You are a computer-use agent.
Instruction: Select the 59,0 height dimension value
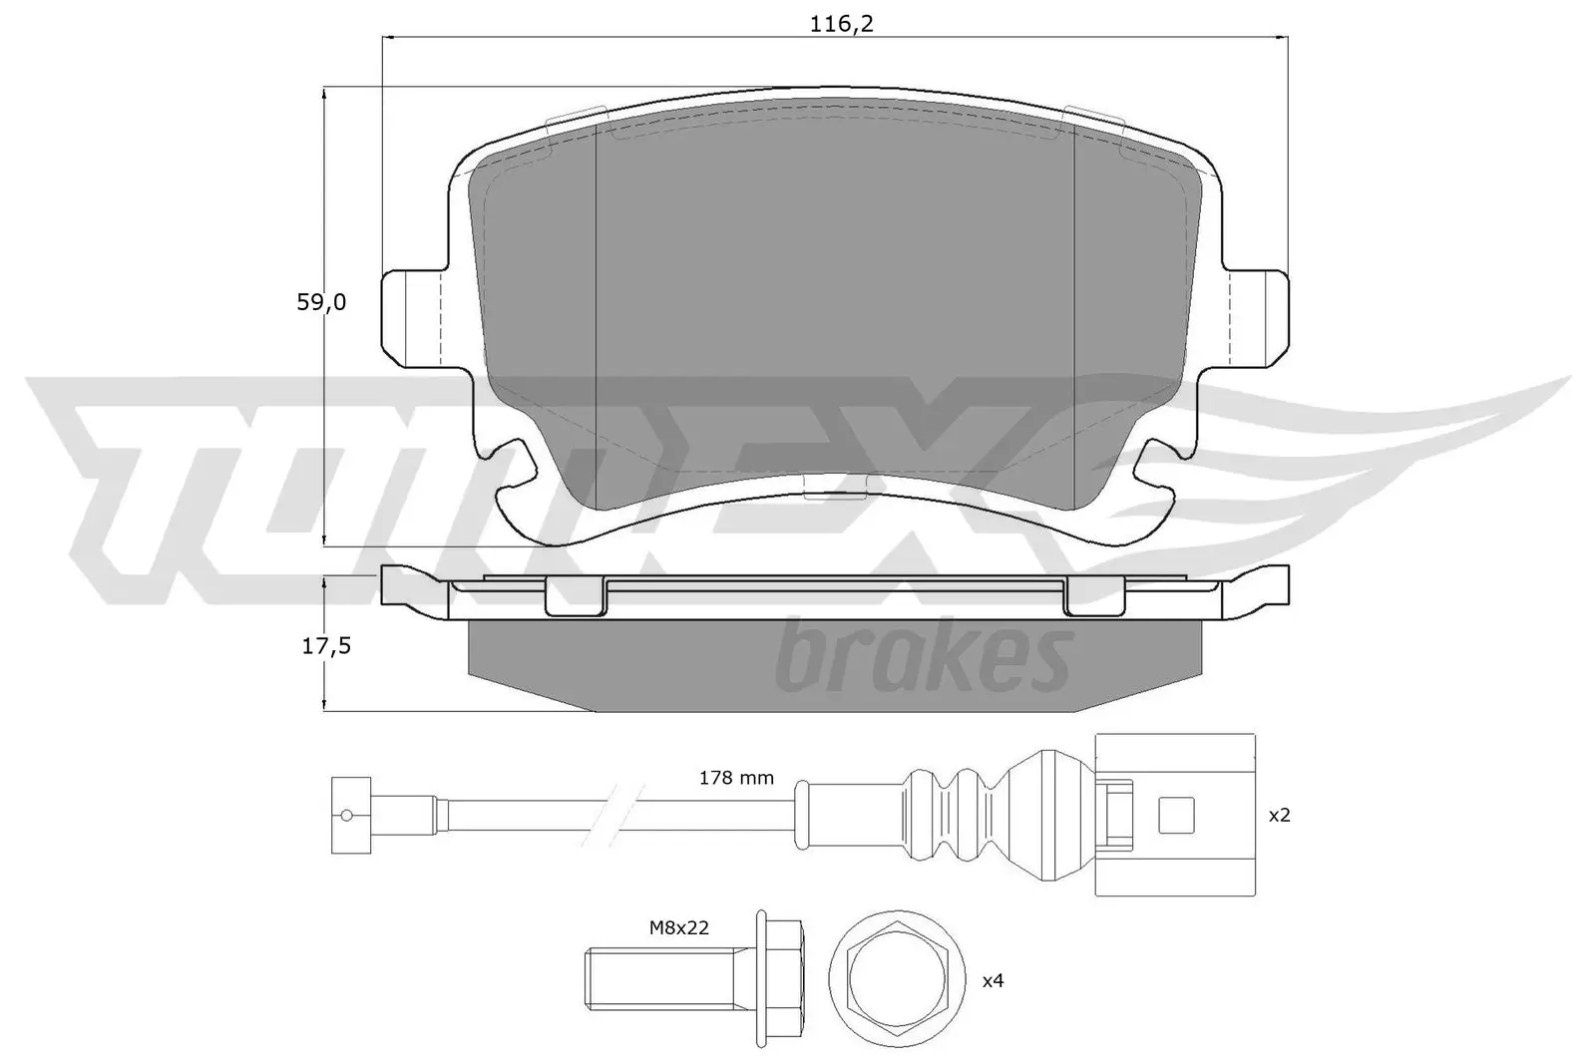click(321, 302)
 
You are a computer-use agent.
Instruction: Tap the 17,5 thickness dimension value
click(326, 646)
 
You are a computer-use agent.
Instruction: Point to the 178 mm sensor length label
click(736, 778)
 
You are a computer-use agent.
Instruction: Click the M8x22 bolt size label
click(678, 927)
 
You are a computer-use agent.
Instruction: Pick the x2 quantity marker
click(1279, 815)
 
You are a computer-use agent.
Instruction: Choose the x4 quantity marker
click(993, 981)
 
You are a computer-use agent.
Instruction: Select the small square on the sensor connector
click(1176, 815)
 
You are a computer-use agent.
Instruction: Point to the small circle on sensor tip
click(346, 815)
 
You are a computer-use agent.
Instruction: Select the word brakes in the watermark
click(923, 656)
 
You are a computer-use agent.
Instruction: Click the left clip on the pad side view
click(576, 596)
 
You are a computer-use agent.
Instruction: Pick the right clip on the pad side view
click(1094, 596)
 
